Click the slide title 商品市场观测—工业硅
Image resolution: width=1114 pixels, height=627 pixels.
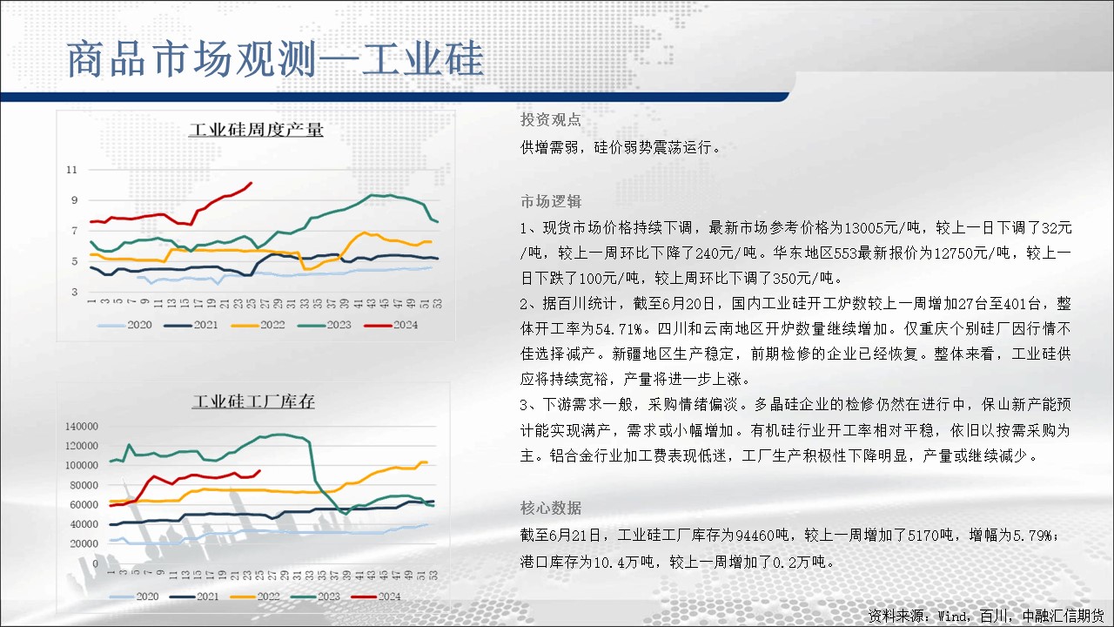(x=275, y=59)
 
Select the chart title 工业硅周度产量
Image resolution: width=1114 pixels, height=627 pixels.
(x=256, y=130)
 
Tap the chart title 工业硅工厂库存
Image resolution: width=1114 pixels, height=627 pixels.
(x=253, y=401)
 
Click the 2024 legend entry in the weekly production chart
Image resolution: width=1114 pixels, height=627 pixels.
(x=391, y=325)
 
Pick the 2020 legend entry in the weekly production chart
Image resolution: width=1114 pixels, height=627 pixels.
(x=124, y=325)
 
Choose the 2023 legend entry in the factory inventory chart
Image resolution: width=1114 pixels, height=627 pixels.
(x=316, y=597)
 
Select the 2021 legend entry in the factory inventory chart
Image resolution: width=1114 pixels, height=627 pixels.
(x=194, y=597)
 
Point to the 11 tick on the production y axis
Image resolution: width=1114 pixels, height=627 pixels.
(x=72, y=170)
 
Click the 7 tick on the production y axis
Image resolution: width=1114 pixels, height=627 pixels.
(x=75, y=231)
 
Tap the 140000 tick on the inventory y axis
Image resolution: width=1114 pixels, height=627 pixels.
(x=82, y=426)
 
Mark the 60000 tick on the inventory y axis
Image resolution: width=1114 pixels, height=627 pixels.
(x=84, y=504)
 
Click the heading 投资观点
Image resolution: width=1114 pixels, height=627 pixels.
(x=551, y=119)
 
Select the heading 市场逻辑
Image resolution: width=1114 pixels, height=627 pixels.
(x=551, y=201)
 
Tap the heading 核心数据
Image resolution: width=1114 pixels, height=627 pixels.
(x=551, y=508)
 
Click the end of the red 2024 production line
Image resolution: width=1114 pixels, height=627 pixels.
(x=252, y=183)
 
